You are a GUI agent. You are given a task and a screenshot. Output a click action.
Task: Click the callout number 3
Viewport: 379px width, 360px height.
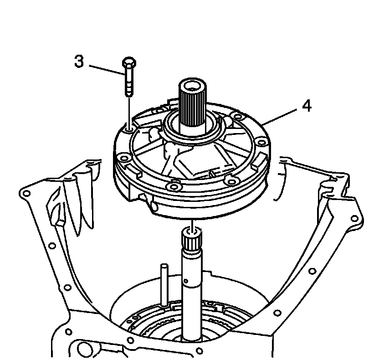pos(79,62)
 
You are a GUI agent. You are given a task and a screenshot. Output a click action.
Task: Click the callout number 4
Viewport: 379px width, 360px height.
pos(307,106)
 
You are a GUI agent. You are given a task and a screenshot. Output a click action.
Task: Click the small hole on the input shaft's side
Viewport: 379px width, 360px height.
pos(187,277)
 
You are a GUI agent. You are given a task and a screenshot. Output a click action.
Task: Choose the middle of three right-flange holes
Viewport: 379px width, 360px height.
pos(312,270)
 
